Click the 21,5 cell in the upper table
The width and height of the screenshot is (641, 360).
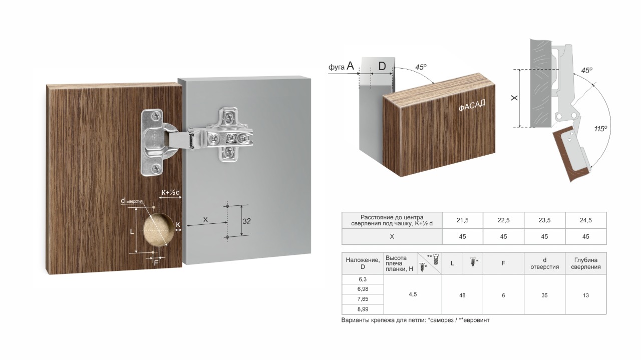point(462,220)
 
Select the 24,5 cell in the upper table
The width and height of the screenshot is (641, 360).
point(586,220)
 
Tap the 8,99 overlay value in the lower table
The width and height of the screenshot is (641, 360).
point(363,309)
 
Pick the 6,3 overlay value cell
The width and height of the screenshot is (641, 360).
point(363,279)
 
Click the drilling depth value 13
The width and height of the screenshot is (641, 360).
point(586,295)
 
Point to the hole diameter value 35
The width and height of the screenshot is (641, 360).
point(544,295)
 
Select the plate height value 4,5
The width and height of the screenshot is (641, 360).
point(413,294)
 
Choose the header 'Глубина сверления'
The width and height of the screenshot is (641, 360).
point(586,263)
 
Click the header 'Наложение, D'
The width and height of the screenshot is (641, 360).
point(363,263)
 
